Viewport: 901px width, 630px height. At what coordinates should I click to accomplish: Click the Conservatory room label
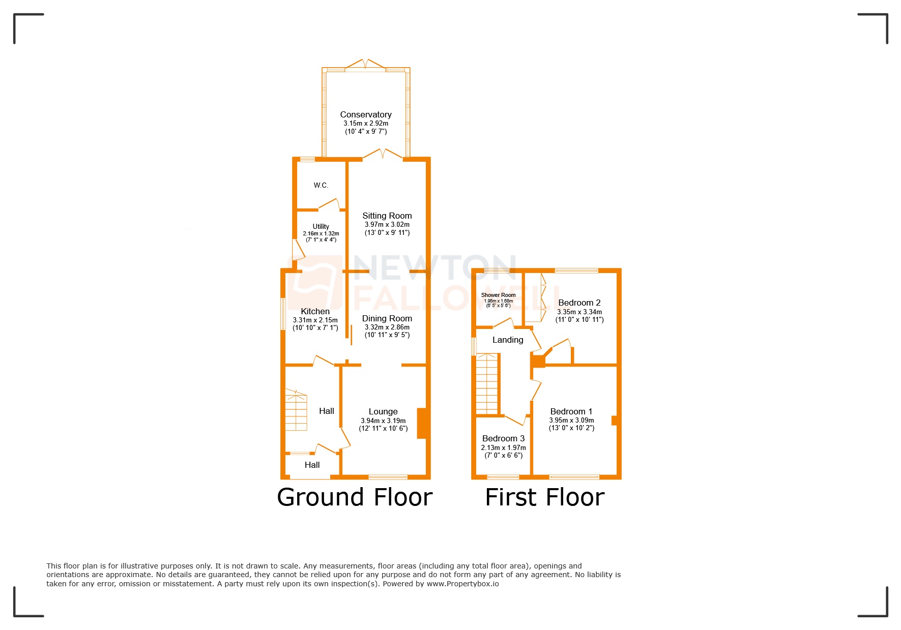pyautogui.click(x=366, y=115)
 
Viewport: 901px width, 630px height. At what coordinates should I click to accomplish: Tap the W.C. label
pyautogui.click(x=321, y=186)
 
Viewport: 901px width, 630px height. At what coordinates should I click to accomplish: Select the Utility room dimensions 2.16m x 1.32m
pyautogui.click(x=321, y=233)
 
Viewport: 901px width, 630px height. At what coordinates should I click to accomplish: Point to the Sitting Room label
pyautogui.click(x=387, y=216)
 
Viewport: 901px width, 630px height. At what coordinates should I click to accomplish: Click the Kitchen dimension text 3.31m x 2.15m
pyautogui.click(x=315, y=320)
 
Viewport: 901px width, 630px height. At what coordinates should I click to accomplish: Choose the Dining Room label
pyautogui.click(x=387, y=319)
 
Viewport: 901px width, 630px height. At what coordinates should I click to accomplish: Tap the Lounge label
pyautogui.click(x=383, y=412)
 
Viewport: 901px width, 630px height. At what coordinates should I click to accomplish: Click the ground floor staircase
pyautogui.click(x=296, y=410)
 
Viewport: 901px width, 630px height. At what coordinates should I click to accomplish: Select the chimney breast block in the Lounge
pyautogui.click(x=421, y=423)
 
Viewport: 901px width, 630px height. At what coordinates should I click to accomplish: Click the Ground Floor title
pyautogui.click(x=355, y=497)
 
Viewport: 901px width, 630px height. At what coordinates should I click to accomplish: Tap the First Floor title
pyautogui.click(x=545, y=497)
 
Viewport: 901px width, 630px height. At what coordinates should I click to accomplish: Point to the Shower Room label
pyautogui.click(x=499, y=295)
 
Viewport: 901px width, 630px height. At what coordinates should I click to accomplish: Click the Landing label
pyautogui.click(x=508, y=340)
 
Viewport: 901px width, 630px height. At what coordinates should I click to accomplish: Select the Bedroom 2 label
pyautogui.click(x=579, y=303)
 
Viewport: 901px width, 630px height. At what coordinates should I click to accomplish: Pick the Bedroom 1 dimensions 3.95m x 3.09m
pyautogui.click(x=571, y=421)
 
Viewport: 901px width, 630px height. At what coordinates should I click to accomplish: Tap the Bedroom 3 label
pyautogui.click(x=504, y=439)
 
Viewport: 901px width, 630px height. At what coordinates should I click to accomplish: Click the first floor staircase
pyautogui.click(x=487, y=384)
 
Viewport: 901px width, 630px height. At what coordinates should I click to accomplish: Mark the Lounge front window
pyautogui.click(x=388, y=477)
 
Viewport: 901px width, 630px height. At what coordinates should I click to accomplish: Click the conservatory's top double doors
pyautogui.click(x=365, y=65)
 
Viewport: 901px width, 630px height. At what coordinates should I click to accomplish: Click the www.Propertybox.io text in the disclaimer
pyautogui.click(x=462, y=584)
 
